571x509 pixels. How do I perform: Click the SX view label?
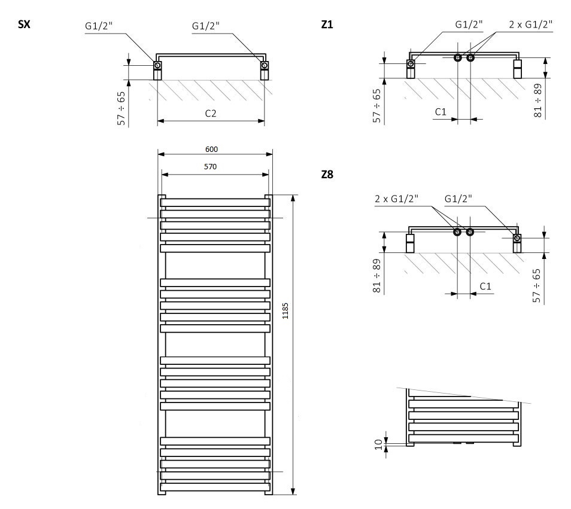point(24,25)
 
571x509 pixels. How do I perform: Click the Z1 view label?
point(327,25)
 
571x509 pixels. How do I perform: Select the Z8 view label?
point(327,175)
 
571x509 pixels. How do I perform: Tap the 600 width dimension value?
point(211,149)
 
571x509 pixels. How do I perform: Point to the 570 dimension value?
point(210,167)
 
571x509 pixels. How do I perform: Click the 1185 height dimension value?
point(285,310)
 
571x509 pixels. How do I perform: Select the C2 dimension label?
point(211,114)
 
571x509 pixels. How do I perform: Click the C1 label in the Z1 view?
point(441,112)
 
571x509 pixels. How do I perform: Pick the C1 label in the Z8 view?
point(485,286)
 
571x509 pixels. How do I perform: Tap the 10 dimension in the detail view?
point(379,444)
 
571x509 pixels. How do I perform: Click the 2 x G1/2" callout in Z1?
point(530,25)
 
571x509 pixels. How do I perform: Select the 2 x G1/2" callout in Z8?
point(397,199)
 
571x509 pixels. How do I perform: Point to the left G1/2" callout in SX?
point(99,26)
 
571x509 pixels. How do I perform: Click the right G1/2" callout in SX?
point(206,26)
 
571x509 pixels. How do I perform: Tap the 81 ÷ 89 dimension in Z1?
point(537,100)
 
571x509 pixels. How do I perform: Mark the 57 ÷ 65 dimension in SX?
point(122,108)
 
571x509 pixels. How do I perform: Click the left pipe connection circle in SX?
point(157,65)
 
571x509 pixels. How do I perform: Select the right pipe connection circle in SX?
point(265,65)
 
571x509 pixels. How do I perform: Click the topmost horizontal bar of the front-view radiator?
point(215,203)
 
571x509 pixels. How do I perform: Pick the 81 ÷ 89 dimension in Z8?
point(376,275)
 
